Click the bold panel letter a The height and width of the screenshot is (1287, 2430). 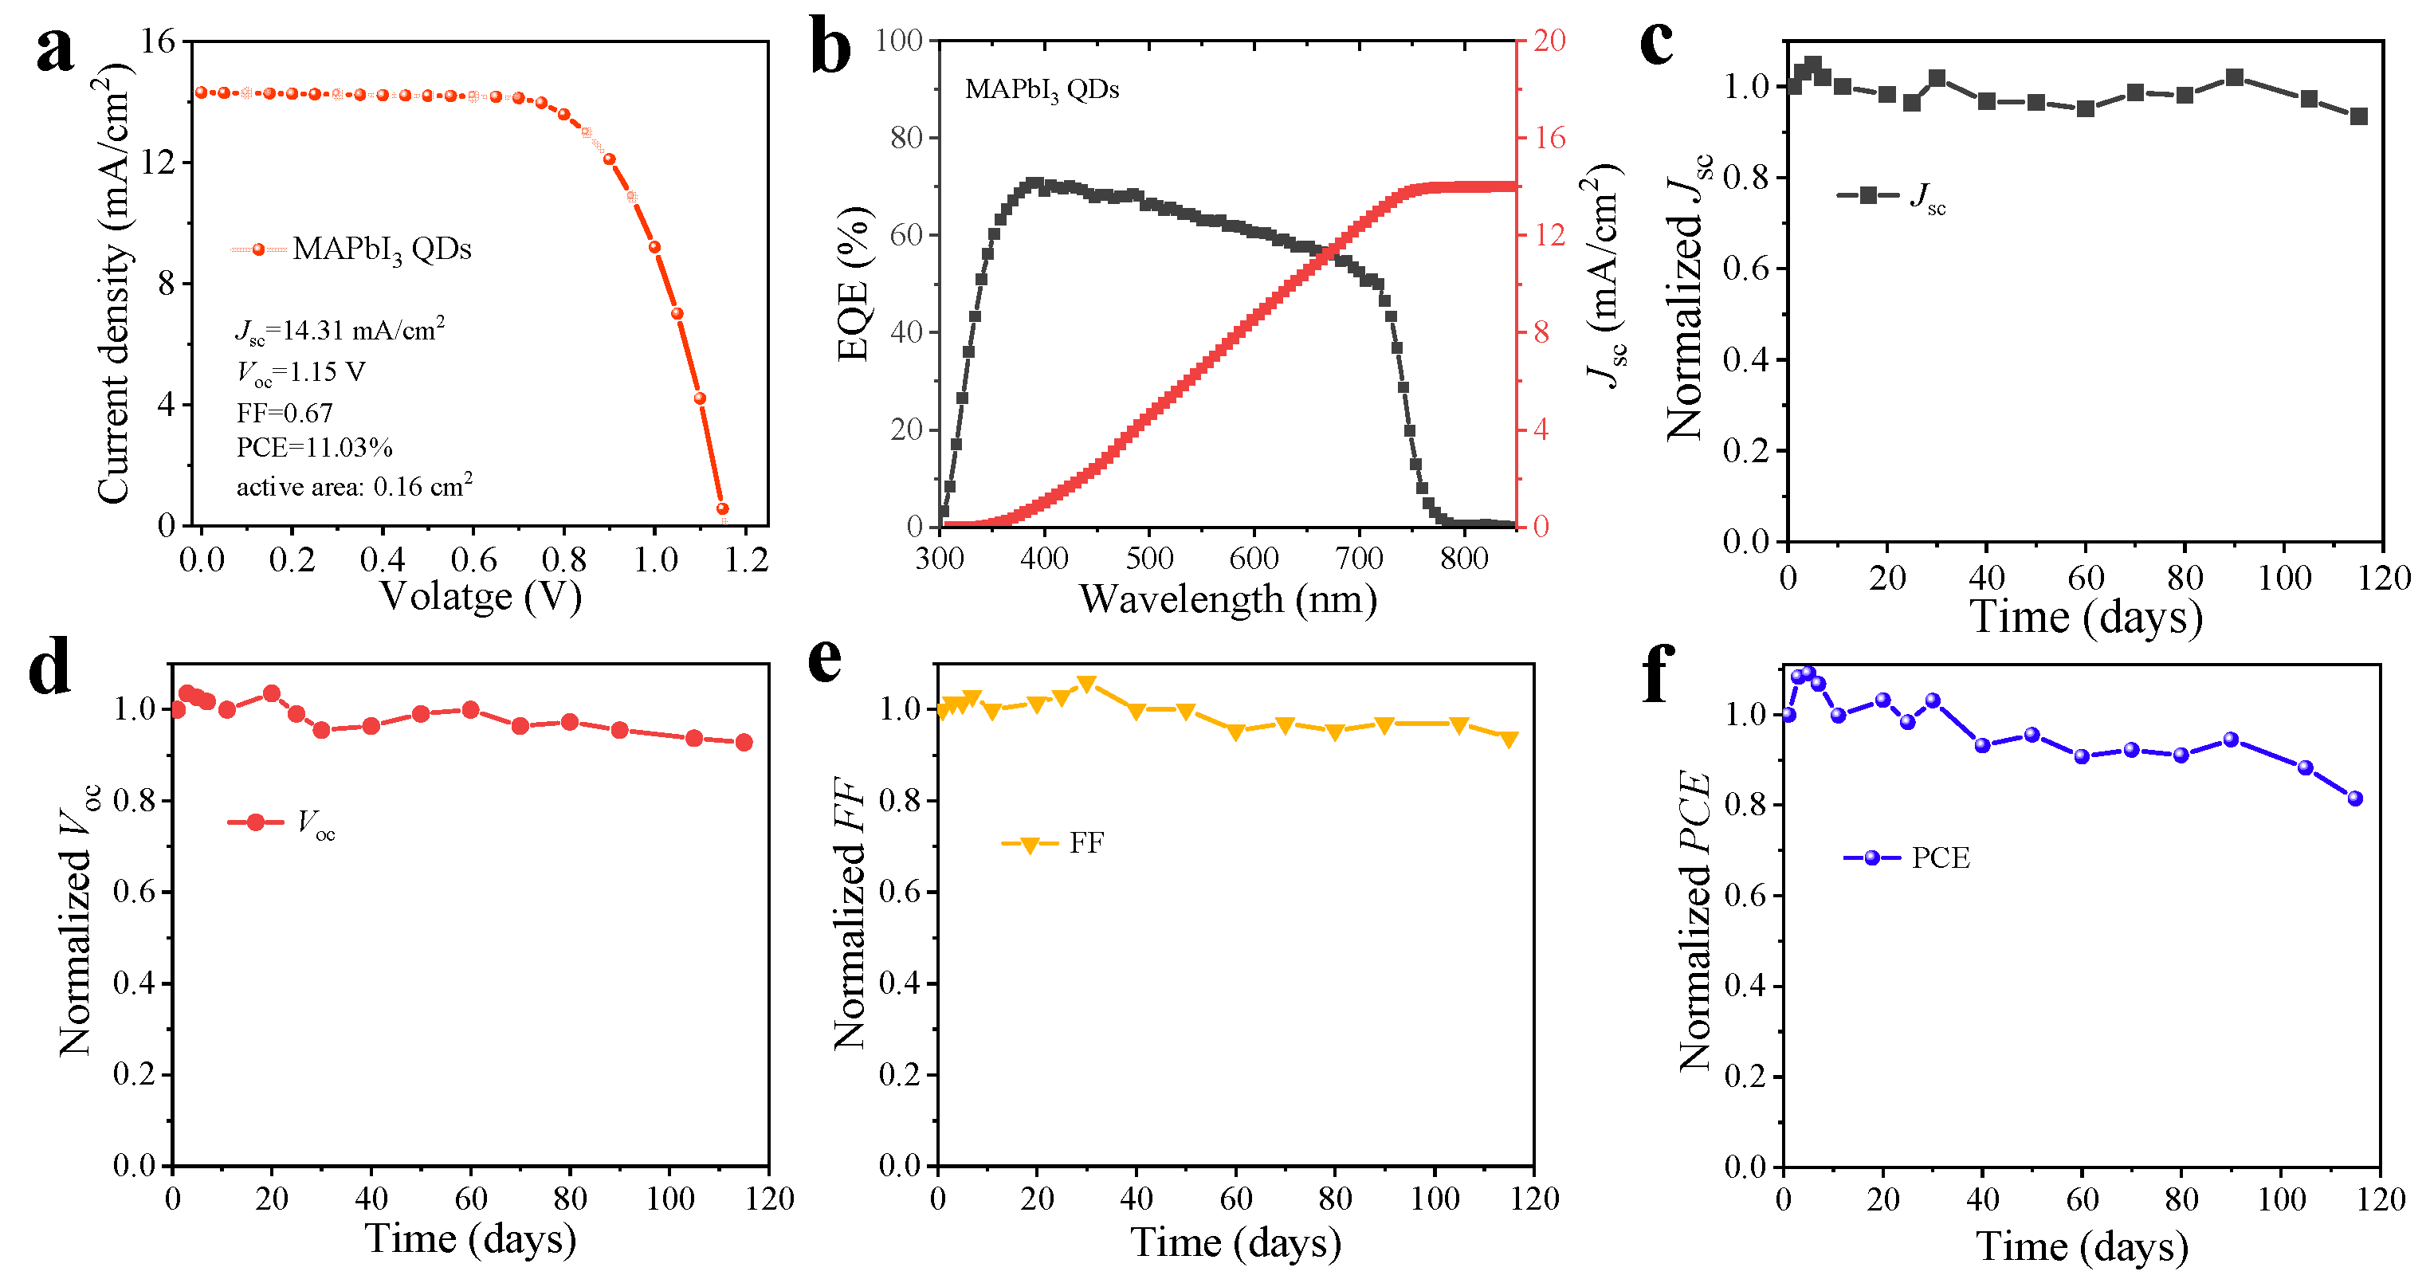[x=55, y=49]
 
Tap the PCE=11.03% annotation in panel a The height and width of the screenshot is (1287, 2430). [x=314, y=447]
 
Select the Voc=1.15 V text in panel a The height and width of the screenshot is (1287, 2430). [x=300, y=372]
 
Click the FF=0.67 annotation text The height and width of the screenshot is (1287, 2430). [x=284, y=412]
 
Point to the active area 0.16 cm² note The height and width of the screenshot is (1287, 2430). [x=354, y=486]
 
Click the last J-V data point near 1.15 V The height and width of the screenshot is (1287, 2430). [x=723, y=508]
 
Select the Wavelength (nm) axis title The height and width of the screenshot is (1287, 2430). [x=1227, y=599]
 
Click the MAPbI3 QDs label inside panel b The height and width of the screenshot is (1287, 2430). [x=1042, y=89]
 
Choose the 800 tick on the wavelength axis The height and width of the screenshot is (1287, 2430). [x=1463, y=559]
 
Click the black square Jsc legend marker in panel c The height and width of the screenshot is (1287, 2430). [x=1868, y=195]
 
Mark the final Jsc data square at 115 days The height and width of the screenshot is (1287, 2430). [x=2358, y=117]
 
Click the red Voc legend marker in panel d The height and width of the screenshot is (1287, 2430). [x=256, y=822]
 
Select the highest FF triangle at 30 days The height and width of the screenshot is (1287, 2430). [x=1087, y=683]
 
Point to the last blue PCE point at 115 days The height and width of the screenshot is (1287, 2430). [x=2354, y=798]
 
